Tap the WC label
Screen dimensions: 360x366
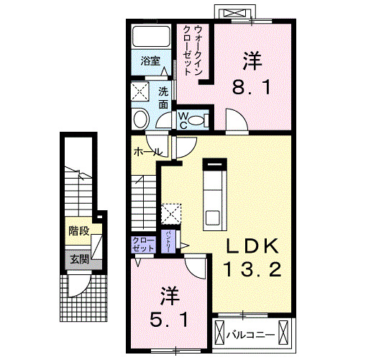(183, 118)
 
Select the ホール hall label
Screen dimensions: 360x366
(147, 152)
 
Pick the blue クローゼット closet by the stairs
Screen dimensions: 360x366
(143, 243)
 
